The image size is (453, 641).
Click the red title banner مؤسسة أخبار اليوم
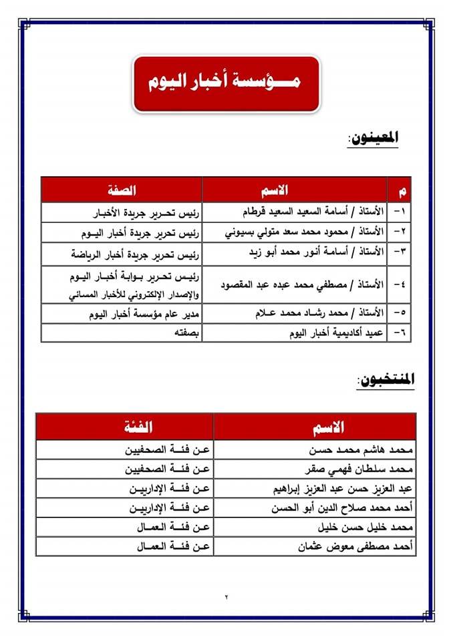(x=226, y=83)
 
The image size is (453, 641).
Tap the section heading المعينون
(x=374, y=138)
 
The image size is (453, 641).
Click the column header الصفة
(x=121, y=190)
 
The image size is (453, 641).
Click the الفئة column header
(x=125, y=426)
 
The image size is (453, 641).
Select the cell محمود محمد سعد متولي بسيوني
(x=305, y=232)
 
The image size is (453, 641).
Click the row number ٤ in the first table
(x=400, y=284)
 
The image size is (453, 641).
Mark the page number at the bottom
(x=226, y=596)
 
